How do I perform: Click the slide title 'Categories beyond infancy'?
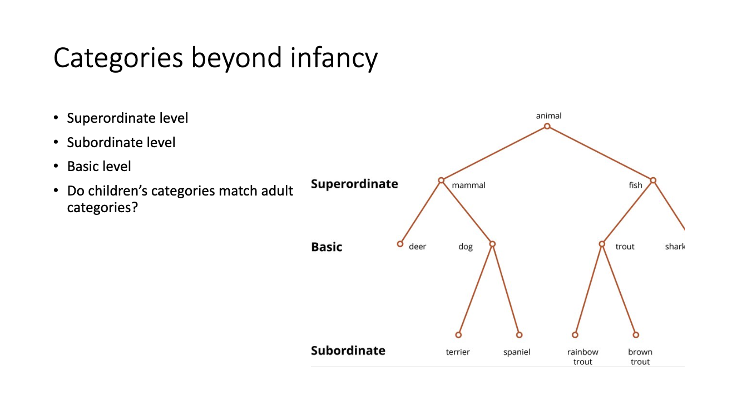tap(215, 58)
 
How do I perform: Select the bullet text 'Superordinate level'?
tap(127, 118)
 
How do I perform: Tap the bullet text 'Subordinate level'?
tap(121, 143)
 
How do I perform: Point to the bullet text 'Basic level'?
tap(99, 167)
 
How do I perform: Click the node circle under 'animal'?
tap(547, 126)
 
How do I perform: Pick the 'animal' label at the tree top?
tap(548, 116)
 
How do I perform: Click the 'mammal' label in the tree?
tap(468, 186)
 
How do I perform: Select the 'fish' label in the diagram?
tap(635, 186)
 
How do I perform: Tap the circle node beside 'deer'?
tap(400, 244)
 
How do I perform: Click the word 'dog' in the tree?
tap(466, 247)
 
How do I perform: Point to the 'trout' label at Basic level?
tap(625, 247)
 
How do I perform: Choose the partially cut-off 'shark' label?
tap(675, 246)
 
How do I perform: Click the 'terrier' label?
tap(458, 352)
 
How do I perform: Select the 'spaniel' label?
tap(517, 352)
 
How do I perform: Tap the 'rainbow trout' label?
tap(583, 357)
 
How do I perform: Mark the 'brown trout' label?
tap(640, 357)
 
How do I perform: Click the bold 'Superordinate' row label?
tap(354, 184)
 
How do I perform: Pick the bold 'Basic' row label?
tap(327, 247)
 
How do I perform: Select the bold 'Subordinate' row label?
tap(348, 350)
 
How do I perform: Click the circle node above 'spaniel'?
tap(520, 335)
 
